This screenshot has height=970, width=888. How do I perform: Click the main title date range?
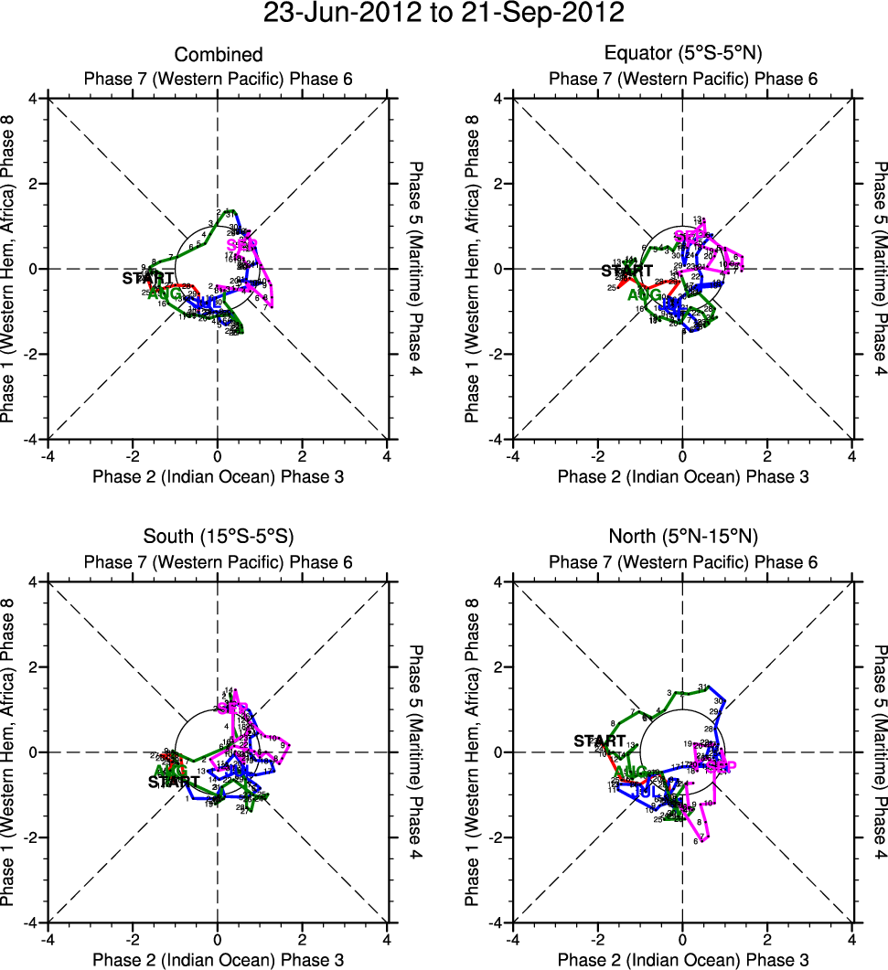pos(444,15)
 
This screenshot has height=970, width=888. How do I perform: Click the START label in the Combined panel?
pos(148,277)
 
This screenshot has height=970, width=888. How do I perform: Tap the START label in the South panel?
pos(174,782)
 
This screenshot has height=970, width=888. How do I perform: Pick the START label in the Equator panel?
pos(627,271)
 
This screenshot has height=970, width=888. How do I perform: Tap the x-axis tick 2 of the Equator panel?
pos(767,456)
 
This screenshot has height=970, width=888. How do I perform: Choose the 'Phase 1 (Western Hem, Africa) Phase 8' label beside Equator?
pos(472,270)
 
